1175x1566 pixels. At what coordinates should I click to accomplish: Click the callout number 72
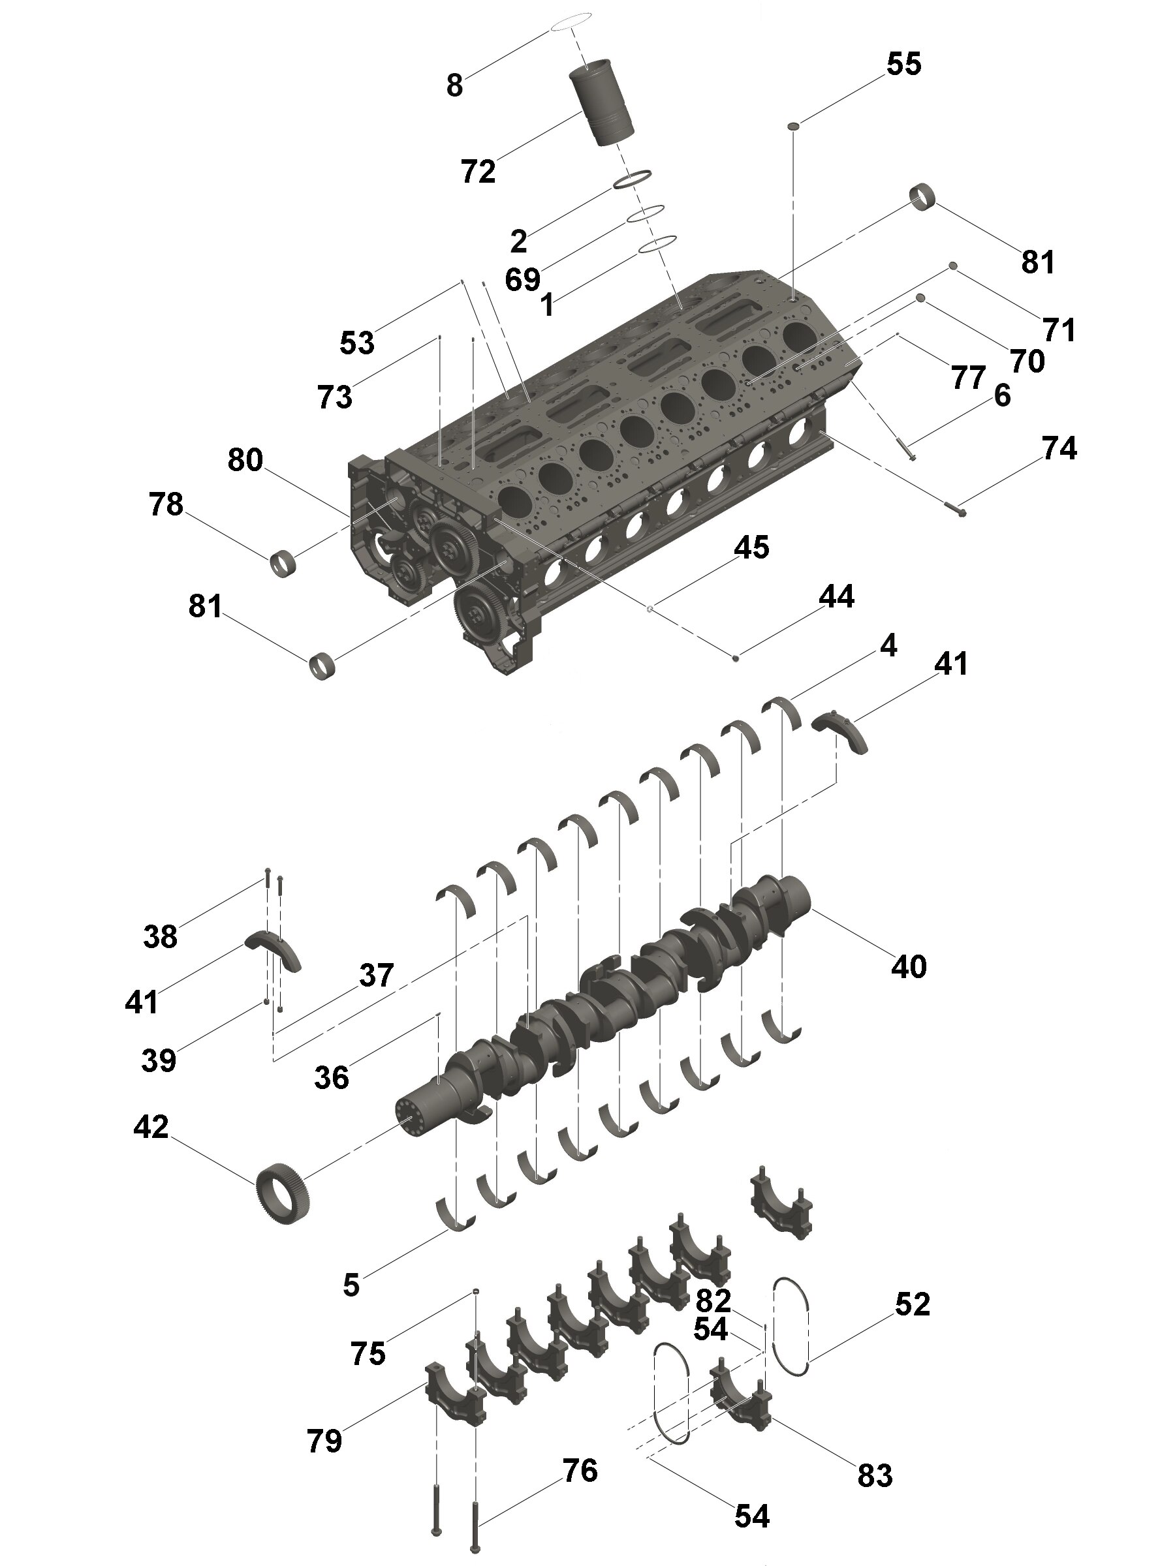[x=478, y=172]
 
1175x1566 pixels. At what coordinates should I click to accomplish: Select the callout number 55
[x=903, y=65]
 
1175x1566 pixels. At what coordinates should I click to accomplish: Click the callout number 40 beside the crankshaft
[x=909, y=966]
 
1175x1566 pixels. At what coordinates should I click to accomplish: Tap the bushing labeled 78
[x=283, y=564]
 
